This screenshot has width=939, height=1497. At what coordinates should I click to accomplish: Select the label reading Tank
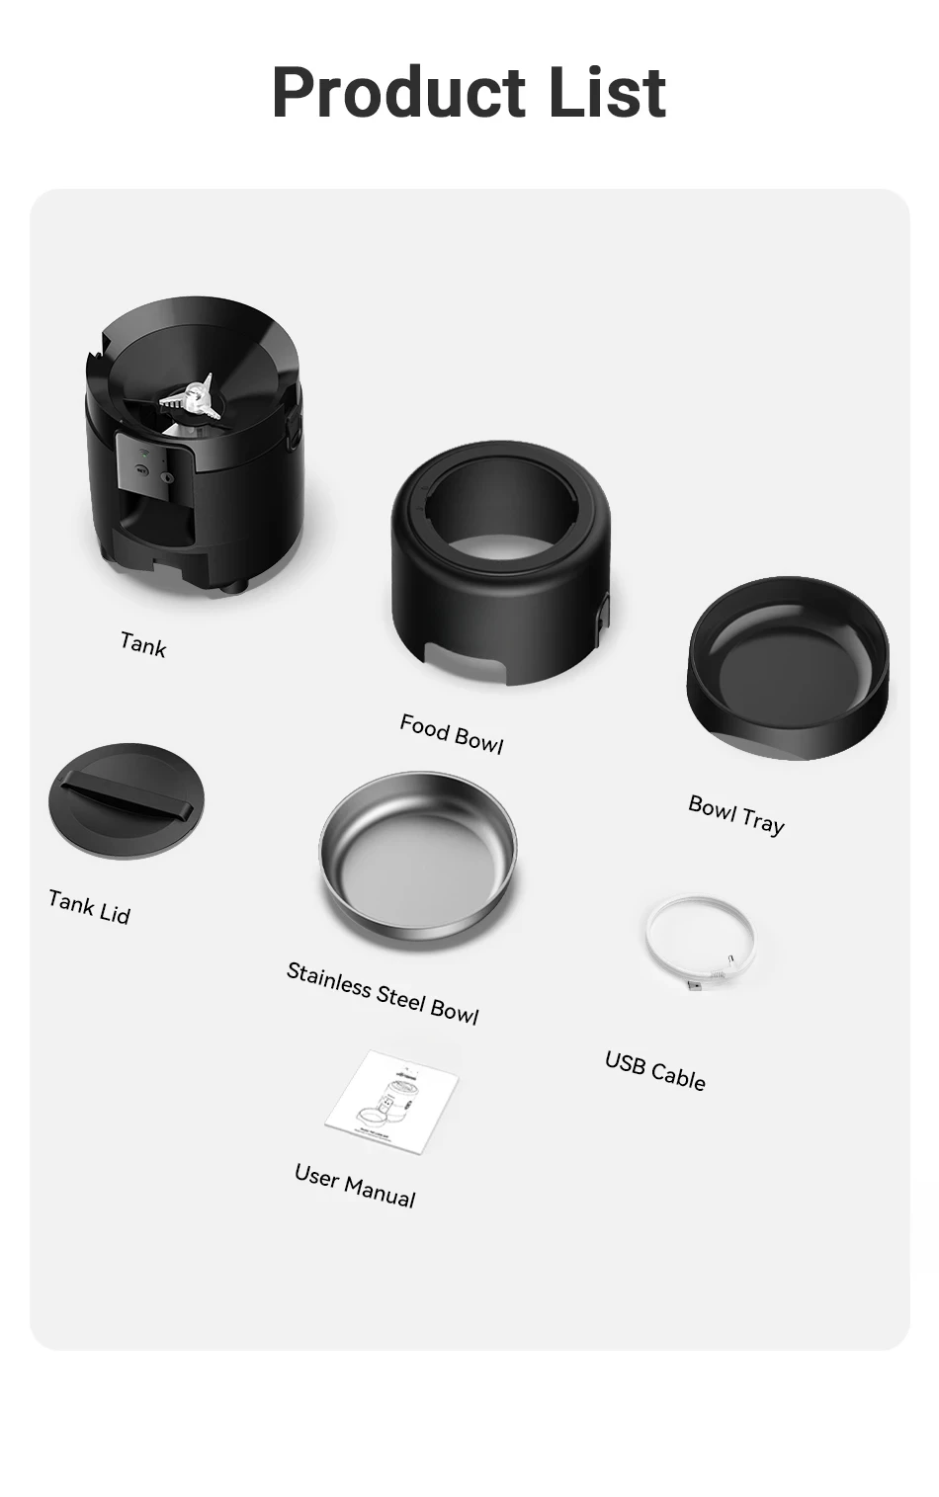click(143, 645)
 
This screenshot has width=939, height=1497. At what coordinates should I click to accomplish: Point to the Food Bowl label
click(452, 734)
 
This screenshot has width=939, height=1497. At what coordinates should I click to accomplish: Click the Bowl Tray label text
click(736, 814)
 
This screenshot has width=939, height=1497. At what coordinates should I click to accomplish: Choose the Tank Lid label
click(90, 907)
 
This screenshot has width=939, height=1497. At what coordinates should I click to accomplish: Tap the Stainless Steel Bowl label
click(383, 993)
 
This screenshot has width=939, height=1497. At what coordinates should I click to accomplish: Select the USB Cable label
click(655, 1070)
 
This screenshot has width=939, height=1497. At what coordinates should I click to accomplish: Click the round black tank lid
click(127, 800)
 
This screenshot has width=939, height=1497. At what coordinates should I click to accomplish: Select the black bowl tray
click(788, 668)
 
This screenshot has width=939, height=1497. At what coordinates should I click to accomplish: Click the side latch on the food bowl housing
click(604, 615)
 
